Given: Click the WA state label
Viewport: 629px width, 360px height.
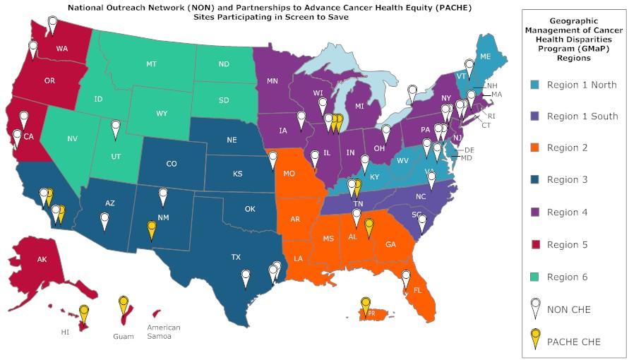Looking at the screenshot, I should coord(62,49).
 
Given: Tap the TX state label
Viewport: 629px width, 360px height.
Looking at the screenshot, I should coord(236,258).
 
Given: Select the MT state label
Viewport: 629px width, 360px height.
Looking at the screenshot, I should coord(151,64).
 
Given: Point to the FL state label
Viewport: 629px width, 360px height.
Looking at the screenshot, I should coord(417,290).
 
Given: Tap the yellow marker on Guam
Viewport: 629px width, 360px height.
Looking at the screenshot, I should coord(124,306).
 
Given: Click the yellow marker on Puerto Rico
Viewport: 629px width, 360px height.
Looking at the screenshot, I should coord(366,305).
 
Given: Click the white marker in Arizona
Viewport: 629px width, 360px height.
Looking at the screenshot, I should coord(104,221).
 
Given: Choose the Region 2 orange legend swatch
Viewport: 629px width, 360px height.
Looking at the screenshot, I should coord(536,148).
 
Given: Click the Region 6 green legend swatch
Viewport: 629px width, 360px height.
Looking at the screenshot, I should coord(536,277).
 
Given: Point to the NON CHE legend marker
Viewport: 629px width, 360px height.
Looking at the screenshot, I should coord(536,308).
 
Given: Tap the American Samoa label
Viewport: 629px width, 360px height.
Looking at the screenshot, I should coord(164,332).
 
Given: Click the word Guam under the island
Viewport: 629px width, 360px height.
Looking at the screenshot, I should coord(124,337).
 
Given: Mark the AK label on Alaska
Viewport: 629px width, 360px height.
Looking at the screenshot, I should coord(42,260).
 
